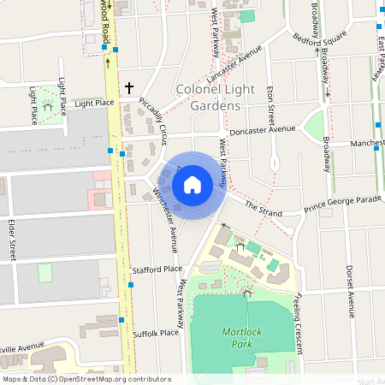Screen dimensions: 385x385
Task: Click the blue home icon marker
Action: (x=192, y=184)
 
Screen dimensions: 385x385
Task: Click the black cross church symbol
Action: (x=130, y=87)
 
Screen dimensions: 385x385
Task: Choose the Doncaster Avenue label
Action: (x=257, y=129)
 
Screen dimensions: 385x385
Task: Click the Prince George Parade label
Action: (x=342, y=205)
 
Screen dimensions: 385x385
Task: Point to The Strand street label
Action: (x=263, y=208)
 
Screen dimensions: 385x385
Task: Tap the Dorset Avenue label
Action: (x=351, y=291)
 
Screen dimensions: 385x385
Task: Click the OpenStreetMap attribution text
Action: (x=86, y=379)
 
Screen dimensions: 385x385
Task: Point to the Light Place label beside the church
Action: (x=94, y=104)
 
